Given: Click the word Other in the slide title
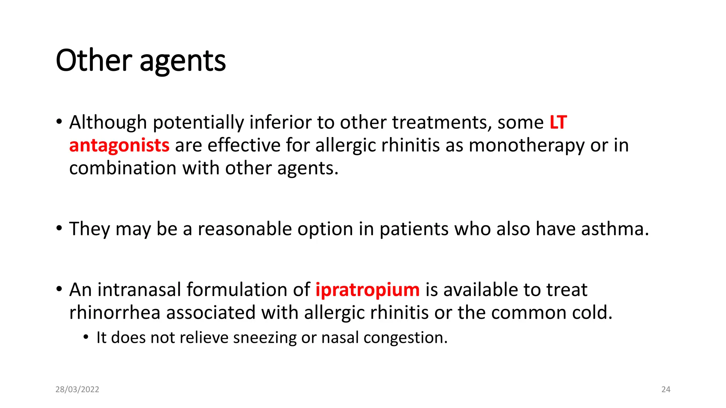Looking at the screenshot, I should click(x=94, y=61).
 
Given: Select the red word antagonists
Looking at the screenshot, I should click(x=119, y=145).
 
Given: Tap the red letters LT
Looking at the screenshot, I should click(x=558, y=123).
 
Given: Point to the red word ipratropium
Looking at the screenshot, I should click(x=367, y=290).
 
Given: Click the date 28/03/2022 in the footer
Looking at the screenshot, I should click(x=77, y=389).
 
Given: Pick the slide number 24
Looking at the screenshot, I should click(x=666, y=389).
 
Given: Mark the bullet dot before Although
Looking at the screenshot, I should click(x=59, y=122).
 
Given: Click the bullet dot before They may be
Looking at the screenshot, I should click(x=59, y=228).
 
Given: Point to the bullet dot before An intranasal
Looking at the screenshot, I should click(x=59, y=289).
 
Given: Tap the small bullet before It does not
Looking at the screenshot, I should click(x=86, y=337).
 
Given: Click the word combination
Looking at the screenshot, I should click(x=123, y=168).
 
